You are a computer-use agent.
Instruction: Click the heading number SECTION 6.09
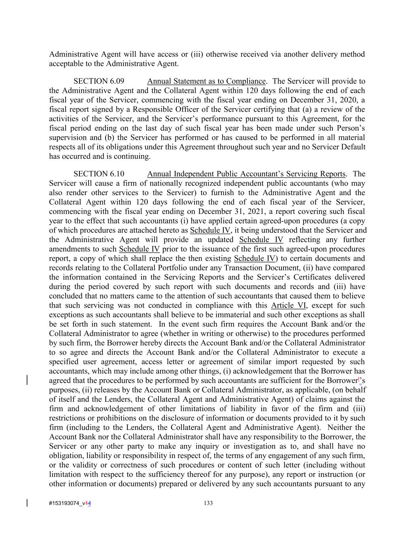click(99, 81)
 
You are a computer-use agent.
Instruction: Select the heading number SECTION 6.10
click(99, 174)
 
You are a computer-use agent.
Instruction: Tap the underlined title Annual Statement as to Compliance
click(206, 81)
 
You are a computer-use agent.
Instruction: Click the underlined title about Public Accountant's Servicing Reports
click(246, 174)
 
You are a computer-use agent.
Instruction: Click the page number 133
click(208, 503)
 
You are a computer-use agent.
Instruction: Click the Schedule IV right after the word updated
click(261, 240)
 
